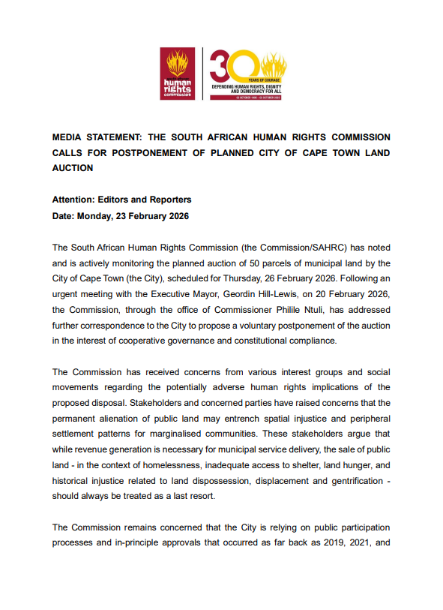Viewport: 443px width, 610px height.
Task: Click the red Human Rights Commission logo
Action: (177, 74)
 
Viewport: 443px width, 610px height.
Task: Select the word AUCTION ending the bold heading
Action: (73, 168)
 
